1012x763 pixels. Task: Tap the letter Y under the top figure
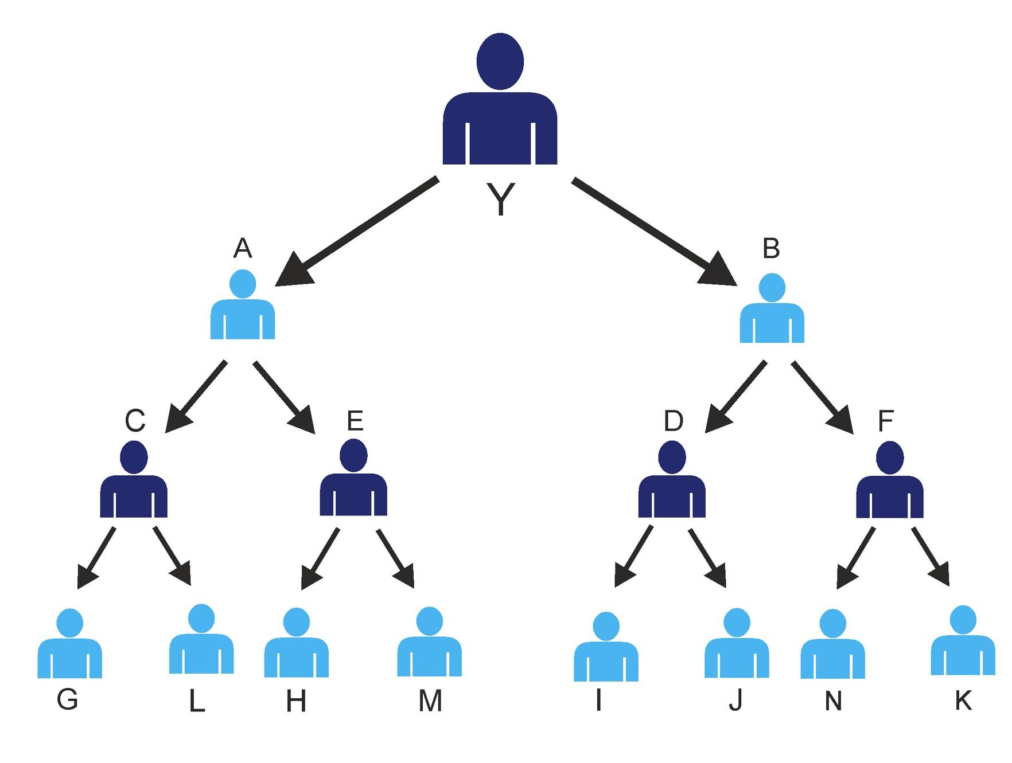[x=500, y=199]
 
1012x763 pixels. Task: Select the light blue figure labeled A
[x=243, y=310]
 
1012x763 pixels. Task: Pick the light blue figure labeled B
[x=772, y=312]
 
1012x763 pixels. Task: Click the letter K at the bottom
[x=963, y=701]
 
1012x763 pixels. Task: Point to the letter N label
[x=833, y=701]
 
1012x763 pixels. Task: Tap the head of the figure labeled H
[x=297, y=622]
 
